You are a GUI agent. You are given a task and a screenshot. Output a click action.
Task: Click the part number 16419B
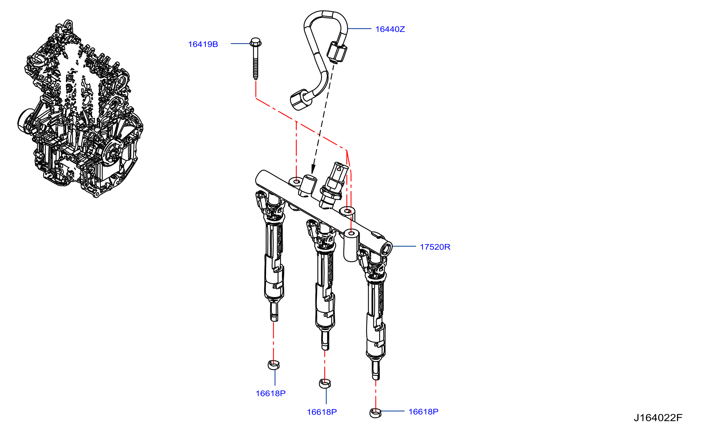pos(203,44)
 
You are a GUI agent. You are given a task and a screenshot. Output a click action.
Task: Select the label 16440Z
pos(390,29)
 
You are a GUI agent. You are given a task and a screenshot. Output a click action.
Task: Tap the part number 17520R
pos(435,247)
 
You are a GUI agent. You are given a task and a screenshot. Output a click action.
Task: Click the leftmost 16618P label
pos(270,393)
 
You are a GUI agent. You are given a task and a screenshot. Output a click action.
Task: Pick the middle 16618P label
pos(322,412)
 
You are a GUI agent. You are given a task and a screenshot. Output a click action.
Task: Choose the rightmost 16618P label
pos(423,412)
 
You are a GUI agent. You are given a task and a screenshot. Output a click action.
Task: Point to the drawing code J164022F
pos(658,418)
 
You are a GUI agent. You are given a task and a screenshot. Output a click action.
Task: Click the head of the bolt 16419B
pos(256,42)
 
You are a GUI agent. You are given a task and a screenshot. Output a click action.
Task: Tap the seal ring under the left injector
pos(274,365)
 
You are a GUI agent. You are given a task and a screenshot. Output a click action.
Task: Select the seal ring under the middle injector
pos(325,383)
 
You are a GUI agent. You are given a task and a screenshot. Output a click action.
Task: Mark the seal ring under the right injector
pos(375,413)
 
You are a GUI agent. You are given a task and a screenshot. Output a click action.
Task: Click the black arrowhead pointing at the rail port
pos(313,169)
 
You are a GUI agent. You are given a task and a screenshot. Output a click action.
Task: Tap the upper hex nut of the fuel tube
pos(337,52)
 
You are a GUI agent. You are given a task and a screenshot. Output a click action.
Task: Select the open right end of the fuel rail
pos(387,249)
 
